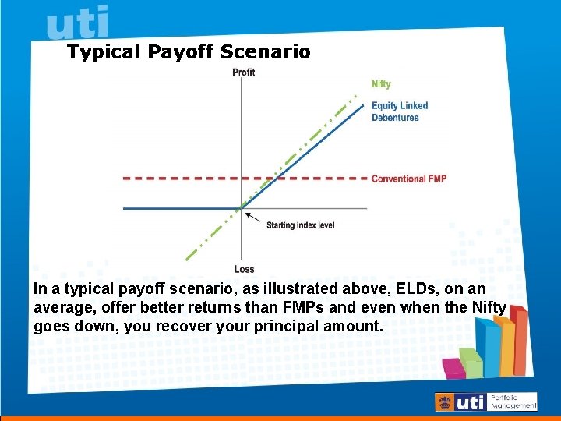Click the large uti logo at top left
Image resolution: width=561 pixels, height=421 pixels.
78,23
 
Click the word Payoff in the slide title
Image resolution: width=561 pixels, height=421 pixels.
177,52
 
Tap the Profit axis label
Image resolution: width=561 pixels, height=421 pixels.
243,73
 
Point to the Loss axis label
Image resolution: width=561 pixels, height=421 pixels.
243,270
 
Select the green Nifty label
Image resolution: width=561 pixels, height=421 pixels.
381,84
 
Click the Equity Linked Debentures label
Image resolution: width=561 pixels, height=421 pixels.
399,111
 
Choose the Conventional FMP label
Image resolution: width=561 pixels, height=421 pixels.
408,179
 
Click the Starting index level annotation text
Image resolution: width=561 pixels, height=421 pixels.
300,225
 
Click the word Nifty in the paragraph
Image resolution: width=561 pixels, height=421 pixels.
489,307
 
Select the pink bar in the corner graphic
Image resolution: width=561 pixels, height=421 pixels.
452,367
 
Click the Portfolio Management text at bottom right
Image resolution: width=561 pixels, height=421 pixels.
513,402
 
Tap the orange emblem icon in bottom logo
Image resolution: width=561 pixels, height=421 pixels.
446,402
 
